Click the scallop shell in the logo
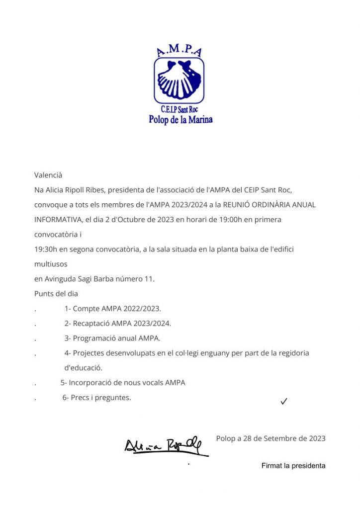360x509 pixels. [x=180, y=80]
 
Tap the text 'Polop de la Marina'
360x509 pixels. [x=180, y=120]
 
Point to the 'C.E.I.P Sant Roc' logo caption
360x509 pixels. [x=180, y=109]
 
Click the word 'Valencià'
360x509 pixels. [x=48, y=175]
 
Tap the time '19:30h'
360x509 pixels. [x=45, y=249]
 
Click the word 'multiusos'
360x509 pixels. [x=51, y=264]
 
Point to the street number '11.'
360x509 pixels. [x=149, y=279]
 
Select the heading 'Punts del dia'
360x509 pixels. [x=56, y=294]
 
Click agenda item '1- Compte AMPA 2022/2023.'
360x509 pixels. [x=113, y=309]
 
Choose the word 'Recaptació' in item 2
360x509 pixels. [x=91, y=324]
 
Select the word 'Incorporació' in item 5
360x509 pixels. [x=90, y=383]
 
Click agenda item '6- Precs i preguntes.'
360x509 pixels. [x=97, y=398]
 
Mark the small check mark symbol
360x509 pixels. [x=284, y=401]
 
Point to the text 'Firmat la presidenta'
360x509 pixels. [x=293, y=466]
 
